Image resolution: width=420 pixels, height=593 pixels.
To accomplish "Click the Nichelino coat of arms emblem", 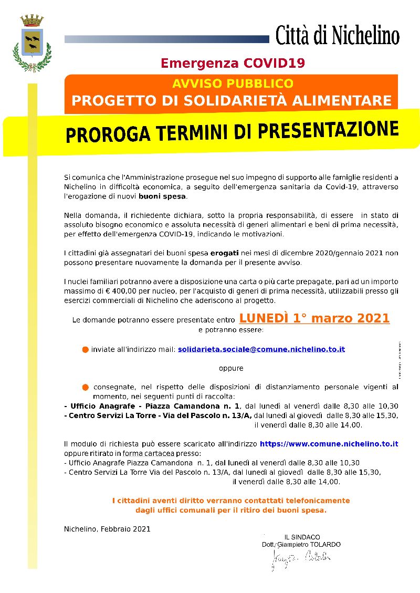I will [x=32, y=43].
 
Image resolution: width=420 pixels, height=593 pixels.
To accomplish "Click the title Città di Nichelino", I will [x=337, y=36].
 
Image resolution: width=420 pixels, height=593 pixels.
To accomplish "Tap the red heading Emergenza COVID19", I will [x=233, y=64].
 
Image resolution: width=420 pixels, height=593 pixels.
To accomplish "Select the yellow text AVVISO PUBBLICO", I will [x=233, y=84].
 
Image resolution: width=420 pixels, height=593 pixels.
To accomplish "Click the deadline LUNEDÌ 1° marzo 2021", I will [x=314, y=318].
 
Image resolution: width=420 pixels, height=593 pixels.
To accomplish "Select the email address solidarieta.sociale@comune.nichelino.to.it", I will [x=261, y=349].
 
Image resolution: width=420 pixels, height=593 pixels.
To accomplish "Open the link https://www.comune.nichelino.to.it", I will [x=329, y=444].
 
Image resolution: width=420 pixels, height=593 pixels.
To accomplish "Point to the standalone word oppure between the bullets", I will [x=231, y=368].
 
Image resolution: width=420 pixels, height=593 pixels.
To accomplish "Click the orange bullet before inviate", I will [x=85, y=350].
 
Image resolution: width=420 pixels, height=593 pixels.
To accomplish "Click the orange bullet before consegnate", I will [x=85, y=387].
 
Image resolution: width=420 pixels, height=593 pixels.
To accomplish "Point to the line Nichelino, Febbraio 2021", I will [x=107, y=529].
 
